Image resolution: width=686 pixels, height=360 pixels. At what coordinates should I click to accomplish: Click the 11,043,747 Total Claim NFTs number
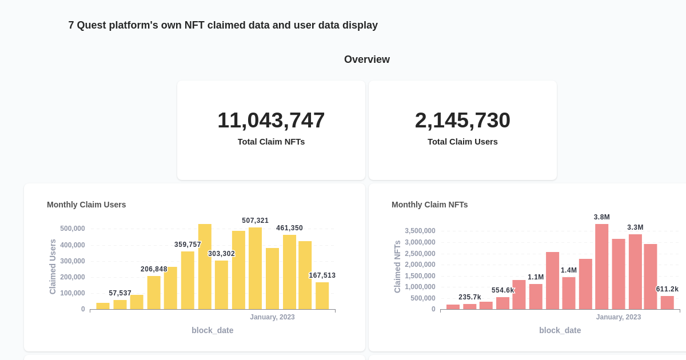click(271, 120)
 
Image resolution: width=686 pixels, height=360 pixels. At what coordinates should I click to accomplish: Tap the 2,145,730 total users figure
click(462, 120)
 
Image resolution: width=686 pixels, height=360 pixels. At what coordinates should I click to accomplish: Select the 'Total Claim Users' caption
click(462, 141)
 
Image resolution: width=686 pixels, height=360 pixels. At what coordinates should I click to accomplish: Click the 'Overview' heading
click(366, 59)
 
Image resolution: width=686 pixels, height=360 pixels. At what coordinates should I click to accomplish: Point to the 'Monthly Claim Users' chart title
click(86, 205)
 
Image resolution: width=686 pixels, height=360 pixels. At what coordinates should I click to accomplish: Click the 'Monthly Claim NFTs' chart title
click(429, 205)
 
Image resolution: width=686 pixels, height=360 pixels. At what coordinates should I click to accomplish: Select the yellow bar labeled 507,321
click(255, 269)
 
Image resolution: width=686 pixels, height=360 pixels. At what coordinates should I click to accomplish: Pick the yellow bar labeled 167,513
click(322, 295)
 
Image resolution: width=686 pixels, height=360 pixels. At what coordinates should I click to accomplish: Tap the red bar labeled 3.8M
click(601, 266)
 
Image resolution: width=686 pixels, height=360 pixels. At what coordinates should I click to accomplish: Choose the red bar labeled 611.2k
click(667, 302)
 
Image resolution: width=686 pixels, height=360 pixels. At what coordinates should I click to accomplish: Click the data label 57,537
click(120, 293)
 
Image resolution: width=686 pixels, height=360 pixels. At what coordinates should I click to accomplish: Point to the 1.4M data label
click(568, 270)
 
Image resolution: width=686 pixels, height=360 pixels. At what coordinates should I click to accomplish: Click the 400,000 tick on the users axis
click(73, 245)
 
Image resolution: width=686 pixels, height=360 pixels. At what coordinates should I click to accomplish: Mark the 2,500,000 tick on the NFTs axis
click(420, 253)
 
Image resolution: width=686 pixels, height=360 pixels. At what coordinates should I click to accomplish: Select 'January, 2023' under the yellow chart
click(272, 317)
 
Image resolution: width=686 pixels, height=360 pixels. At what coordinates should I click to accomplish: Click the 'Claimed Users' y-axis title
click(53, 266)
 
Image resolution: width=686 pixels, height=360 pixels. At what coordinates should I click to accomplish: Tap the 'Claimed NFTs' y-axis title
click(397, 266)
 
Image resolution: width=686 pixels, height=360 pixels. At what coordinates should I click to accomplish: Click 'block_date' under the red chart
click(560, 330)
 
